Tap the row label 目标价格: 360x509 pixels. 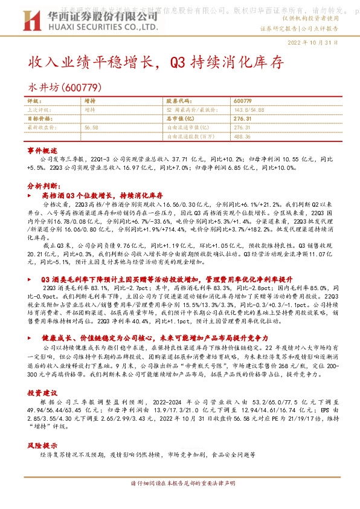tap(38, 119)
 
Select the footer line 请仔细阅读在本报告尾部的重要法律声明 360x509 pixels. tap(179, 500)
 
